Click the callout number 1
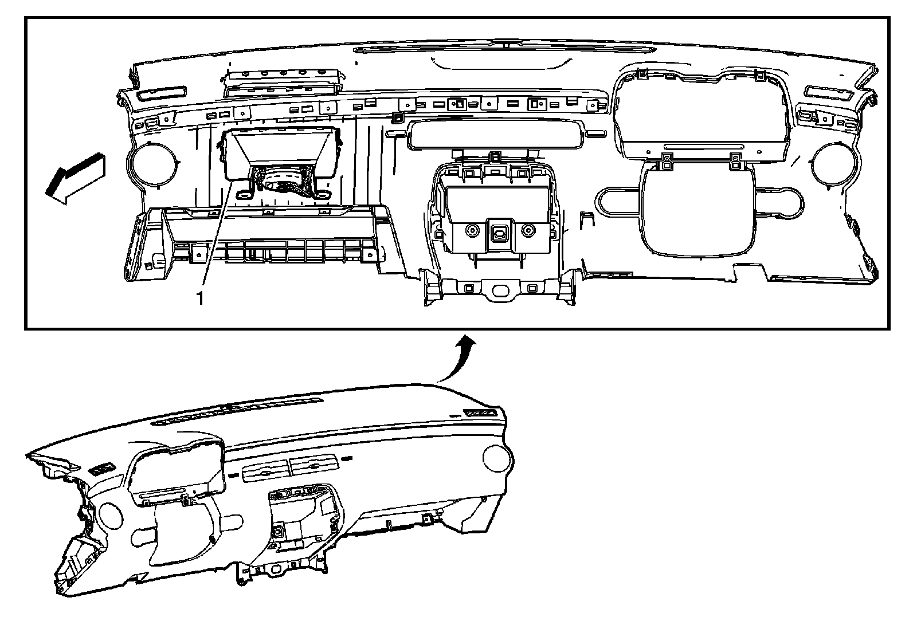(199, 298)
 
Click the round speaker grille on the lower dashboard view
(496, 458)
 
